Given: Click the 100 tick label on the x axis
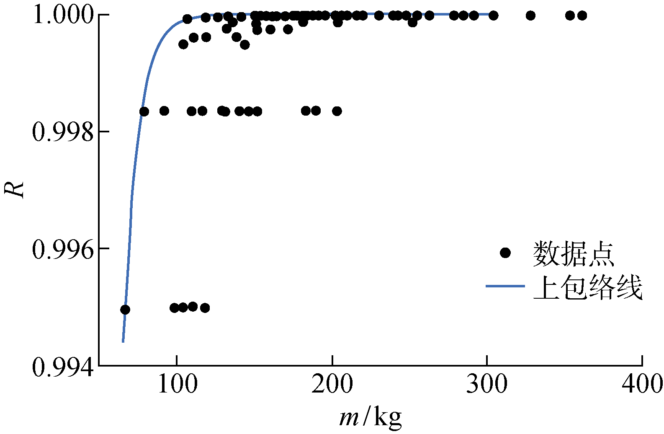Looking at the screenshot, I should (177, 384).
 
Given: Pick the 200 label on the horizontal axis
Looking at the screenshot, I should (332, 384).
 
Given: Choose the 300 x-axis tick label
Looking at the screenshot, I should (487, 384).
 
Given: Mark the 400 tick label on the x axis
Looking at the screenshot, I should (642, 384).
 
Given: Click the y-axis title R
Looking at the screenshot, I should (14, 189).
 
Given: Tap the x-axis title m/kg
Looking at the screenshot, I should (371, 417).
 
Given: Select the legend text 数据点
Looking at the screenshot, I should (573, 254).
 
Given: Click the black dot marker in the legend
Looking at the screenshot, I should (505, 253).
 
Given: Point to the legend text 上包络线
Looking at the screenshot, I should (587, 287).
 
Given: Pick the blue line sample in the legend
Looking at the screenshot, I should (505, 286).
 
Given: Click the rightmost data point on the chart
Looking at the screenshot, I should (582, 15).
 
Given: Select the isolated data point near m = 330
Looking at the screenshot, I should (530, 15).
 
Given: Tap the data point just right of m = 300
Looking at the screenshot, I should (494, 15).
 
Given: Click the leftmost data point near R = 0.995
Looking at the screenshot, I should (125, 310).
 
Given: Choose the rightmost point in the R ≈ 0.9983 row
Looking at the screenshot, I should (337, 111).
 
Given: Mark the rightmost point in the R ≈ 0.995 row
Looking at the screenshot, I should (205, 308).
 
